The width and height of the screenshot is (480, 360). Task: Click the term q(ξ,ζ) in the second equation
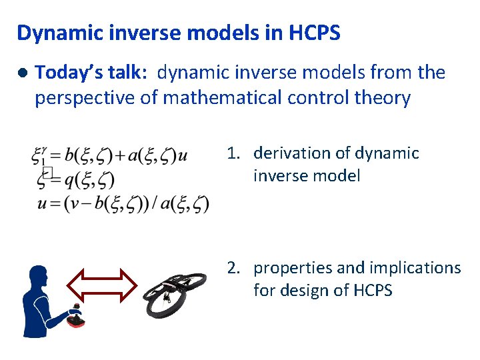(89, 179)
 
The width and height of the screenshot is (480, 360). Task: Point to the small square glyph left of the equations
(47, 173)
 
